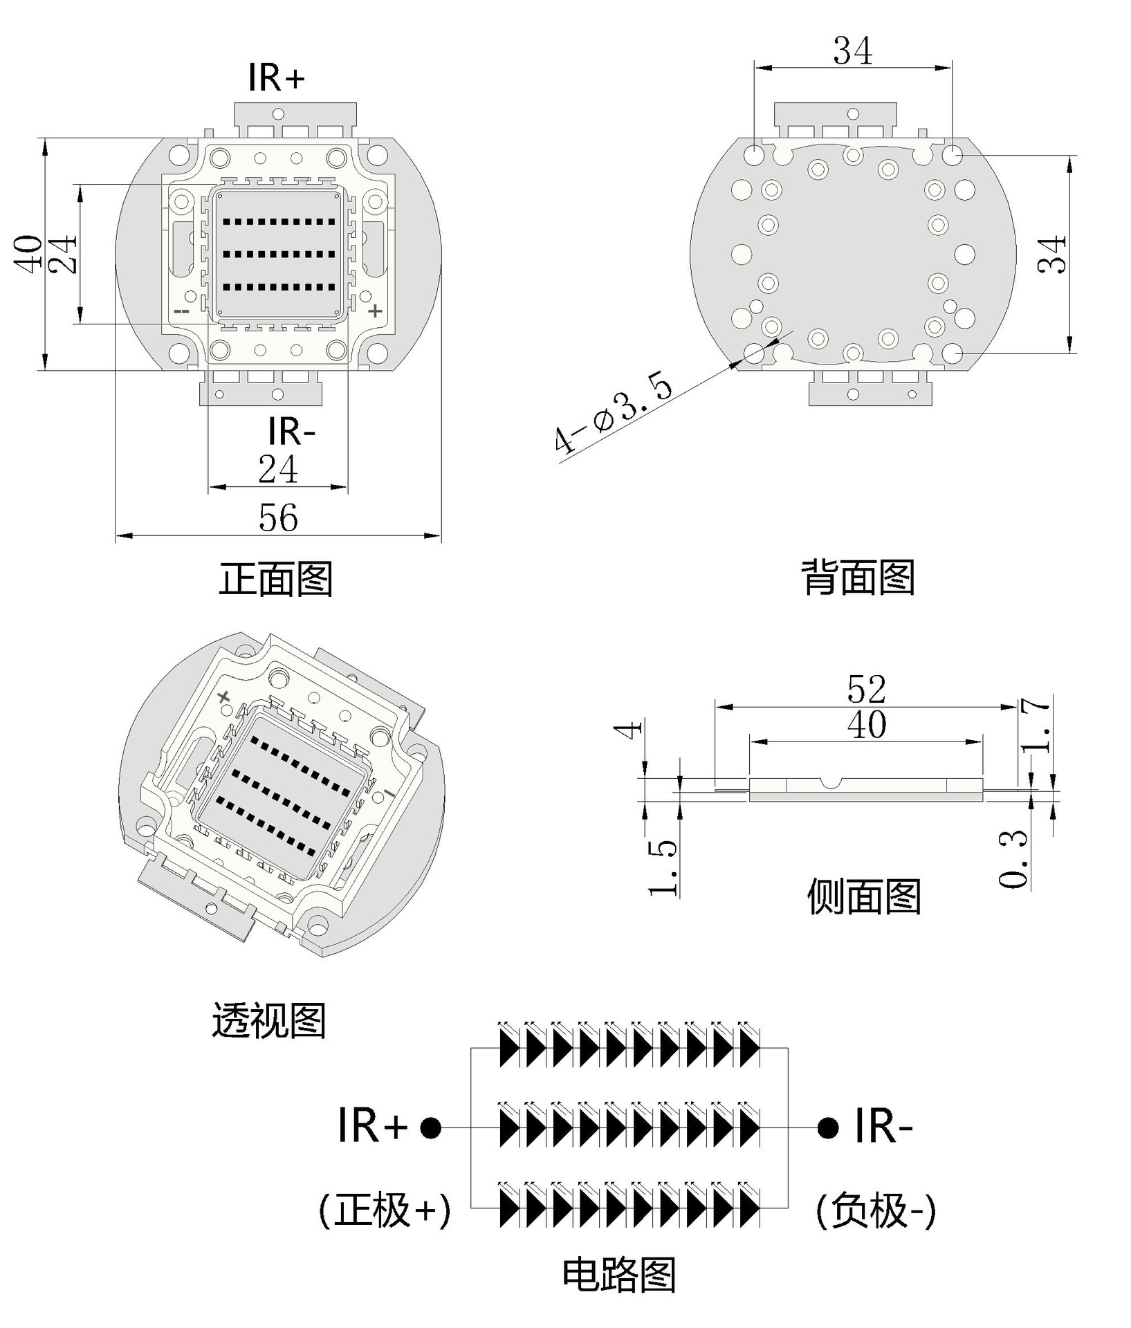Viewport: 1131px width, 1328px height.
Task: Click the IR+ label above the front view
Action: pos(276,77)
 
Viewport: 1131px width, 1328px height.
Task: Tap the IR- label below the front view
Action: pos(291,432)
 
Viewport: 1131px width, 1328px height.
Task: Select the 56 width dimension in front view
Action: pos(278,517)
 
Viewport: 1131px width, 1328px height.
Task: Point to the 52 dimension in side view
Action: pos(866,689)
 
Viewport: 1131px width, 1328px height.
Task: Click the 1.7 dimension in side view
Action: pos(1036,725)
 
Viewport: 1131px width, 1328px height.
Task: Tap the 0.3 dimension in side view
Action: pos(1014,858)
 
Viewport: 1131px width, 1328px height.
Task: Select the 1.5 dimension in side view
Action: pos(663,867)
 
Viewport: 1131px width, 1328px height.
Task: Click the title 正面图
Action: pos(276,578)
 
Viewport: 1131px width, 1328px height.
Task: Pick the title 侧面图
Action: pos(864,896)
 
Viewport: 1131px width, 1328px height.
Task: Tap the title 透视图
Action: pos(268,1020)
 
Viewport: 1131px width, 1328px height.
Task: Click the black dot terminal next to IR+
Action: pos(430,1128)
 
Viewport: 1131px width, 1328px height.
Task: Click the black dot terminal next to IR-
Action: pos(827,1128)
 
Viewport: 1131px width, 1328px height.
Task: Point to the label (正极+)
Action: pos(385,1210)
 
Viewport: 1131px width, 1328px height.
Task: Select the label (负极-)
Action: pos(876,1210)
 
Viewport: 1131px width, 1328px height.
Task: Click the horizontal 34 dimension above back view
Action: pos(852,50)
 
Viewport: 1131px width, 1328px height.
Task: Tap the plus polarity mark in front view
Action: pos(375,311)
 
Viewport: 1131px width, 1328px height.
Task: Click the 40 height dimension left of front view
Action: pos(30,254)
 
